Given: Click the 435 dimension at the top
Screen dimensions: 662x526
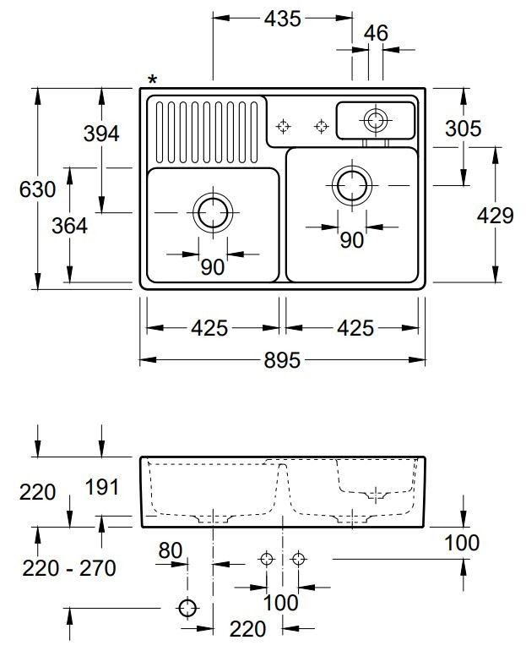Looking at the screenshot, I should point(282,18).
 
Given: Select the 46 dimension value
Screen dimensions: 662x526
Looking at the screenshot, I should point(376,33).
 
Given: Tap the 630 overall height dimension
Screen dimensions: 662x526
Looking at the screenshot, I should point(37,189).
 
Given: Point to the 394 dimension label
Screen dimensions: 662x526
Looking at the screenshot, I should point(101,133).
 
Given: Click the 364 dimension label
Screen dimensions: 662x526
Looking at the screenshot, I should point(69,227).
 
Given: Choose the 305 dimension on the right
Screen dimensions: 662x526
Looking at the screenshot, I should point(464,129).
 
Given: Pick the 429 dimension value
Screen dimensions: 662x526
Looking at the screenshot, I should point(495,216).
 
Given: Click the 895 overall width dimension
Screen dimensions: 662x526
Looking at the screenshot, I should point(282,360).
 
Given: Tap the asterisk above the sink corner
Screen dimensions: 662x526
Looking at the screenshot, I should point(152,80).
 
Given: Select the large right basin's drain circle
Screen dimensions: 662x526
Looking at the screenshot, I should point(351,183).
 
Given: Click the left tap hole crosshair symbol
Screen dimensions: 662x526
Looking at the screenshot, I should point(284,127).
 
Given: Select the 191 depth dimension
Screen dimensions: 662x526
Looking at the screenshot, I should point(101,487).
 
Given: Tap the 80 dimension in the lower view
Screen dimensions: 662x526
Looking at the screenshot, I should point(171,550).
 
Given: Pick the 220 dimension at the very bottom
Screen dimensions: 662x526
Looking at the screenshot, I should point(248,628).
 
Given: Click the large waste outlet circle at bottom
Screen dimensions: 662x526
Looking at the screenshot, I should point(187,607).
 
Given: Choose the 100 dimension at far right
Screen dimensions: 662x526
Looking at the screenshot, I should point(464,543).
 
